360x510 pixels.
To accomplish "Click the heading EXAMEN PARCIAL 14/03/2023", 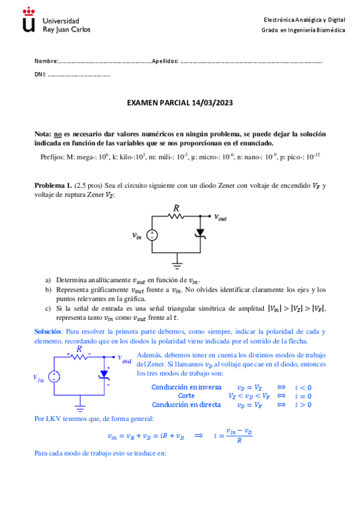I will pyautogui.click(x=180, y=103).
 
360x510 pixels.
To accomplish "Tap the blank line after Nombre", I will pyautogui.click(x=105, y=62).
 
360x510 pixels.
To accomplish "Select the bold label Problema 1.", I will pyautogui.click(x=53, y=186).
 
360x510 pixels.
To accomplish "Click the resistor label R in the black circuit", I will pyautogui.click(x=176, y=208).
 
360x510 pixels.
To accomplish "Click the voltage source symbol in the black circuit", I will pyautogui.click(x=153, y=235).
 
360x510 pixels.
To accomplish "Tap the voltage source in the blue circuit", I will pyautogui.click(x=54, y=377).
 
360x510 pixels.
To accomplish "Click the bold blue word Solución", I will pyautogui.click(x=48, y=331).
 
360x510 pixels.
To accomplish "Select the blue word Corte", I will pyautogui.click(x=186, y=396).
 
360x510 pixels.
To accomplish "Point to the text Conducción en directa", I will pyautogui.click(x=186, y=405).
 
